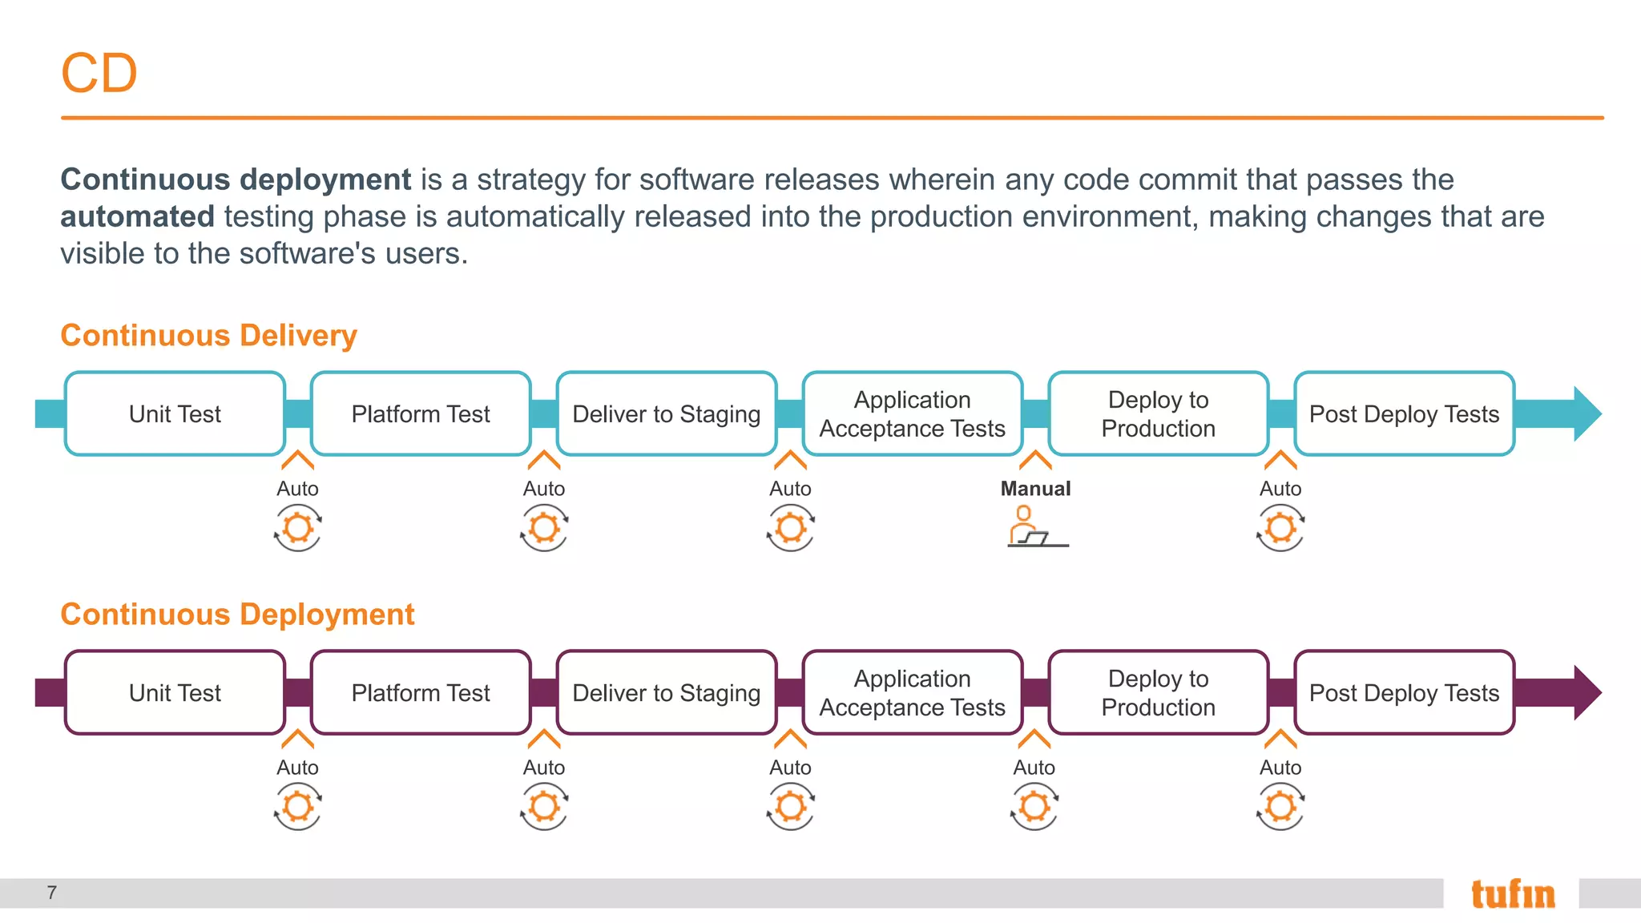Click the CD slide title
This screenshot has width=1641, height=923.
pyautogui.click(x=99, y=74)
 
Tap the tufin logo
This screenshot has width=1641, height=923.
pyautogui.click(x=1513, y=894)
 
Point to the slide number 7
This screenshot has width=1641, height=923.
pyautogui.click(x=52, y=893)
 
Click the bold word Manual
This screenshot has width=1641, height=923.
pyautogui.click(x=1035, y=489)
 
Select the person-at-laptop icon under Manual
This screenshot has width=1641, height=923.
pyautogui.click(x=1035, y=527)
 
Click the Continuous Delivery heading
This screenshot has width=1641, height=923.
pyautogui.click(x=208, y=335)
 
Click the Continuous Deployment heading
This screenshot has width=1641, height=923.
pyautogui.click(x=237, y=615)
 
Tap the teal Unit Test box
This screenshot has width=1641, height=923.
pyautogui.click(x=175, y=414)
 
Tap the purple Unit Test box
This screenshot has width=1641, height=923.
pyautogui.click(x=175, y=693)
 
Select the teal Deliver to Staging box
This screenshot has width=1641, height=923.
pyautogui.click(x=667, y=414)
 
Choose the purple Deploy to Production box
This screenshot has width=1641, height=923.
pyautogui.click(x=1158, y=693)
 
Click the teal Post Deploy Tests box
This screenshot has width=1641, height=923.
pyautogui.click(x=1404, y=414)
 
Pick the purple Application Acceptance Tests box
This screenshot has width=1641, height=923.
pyautogui.click(x=912, y=693)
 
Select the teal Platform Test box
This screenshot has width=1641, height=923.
pyautogui.click(x=421, y=414)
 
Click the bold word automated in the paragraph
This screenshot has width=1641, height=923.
pyautogui.click(x=137, y=217)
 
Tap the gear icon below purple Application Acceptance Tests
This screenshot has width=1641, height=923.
pyautogui.click(x=1034, y=806)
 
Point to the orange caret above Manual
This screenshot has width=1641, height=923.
pyautogui.click(x=1035, y=460)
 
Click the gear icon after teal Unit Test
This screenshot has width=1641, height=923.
pyautogui.click(x=298, y=528)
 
